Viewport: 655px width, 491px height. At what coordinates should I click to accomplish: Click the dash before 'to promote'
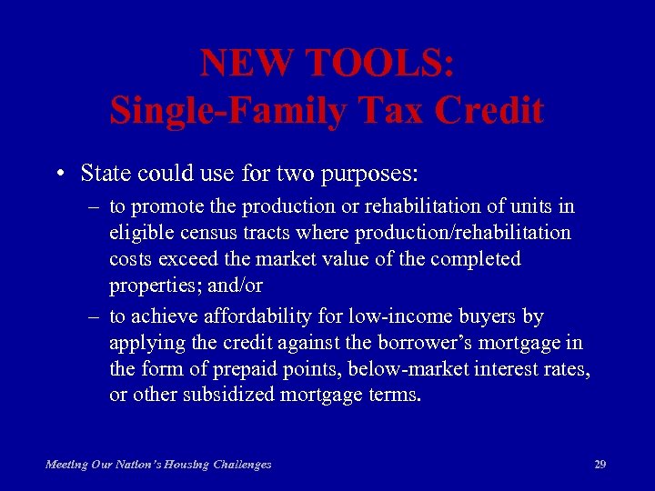tap(94, 207)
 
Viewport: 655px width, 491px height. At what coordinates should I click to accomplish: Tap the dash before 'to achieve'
tap(94, 316)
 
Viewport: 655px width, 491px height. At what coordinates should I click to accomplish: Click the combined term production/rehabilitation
tap(463, 233)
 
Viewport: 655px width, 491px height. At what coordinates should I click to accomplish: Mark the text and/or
tap(234, 286)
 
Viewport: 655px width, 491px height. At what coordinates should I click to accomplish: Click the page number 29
tap(600, 465)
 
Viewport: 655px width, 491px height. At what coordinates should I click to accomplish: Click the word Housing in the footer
tap(180, 465)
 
